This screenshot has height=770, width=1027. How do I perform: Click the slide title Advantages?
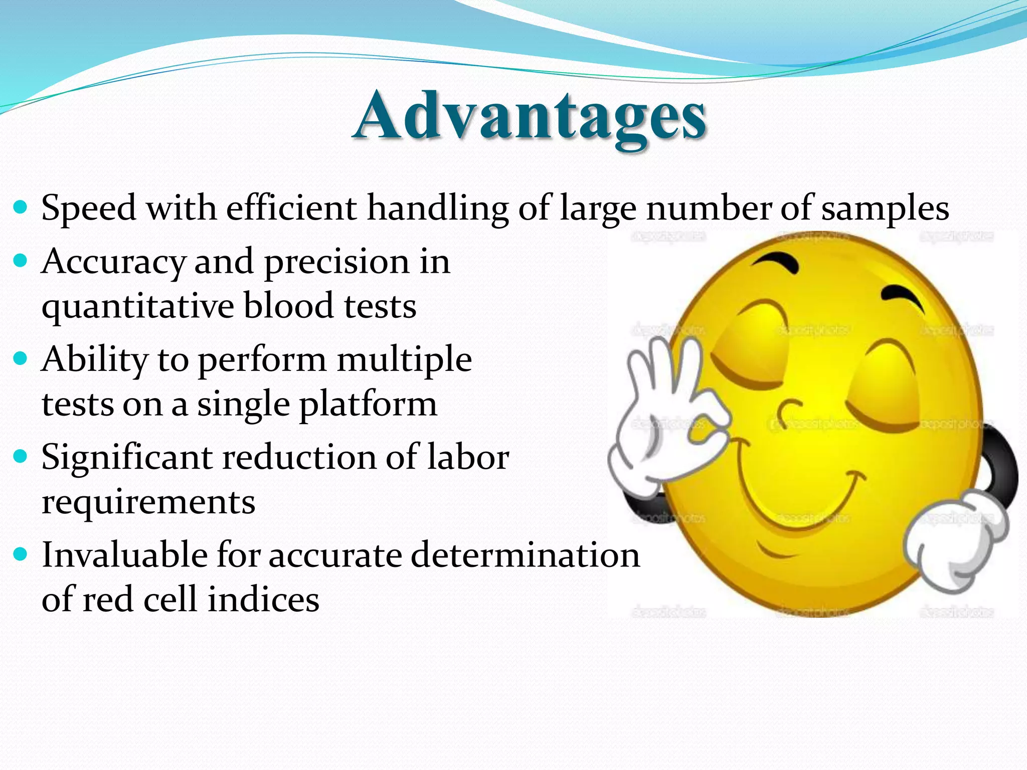pyautogui.click(x=530, y=116)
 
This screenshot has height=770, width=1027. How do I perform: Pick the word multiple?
pyautogui.click(x=404, y=360)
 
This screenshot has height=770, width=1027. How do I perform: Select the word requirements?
pyautogui.click(x=148, y=502)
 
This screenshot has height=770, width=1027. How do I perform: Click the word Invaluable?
pyautogui.click(x=124, y=555)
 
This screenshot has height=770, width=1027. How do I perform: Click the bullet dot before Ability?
pyautogui.click(x=20, y=359)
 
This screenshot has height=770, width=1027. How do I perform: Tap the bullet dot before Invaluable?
pyautogui.click(x=20, y=554)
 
